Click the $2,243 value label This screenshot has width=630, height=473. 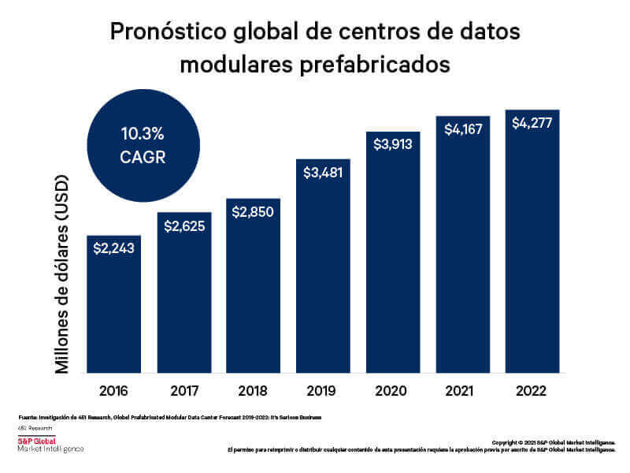[x=113, y=248]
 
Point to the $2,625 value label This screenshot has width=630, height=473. [x=183, y=226]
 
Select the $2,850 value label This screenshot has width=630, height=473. [x=253, y=211]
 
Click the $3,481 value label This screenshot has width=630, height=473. [x=323, y=173]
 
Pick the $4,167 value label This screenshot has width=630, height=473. [x=463, y=129]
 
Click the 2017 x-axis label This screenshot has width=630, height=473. [x=183, y=390]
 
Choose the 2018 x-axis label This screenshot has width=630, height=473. [x=253, y=390]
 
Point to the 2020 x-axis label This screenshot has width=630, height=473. [x=393, y=390]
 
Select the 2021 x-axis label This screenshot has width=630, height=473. [x=463, y=390]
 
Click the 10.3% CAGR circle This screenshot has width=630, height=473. [x=142, y=144]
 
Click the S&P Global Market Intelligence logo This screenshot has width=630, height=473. [x=50, y=445]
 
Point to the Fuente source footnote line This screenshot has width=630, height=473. [x=169, y=415]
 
